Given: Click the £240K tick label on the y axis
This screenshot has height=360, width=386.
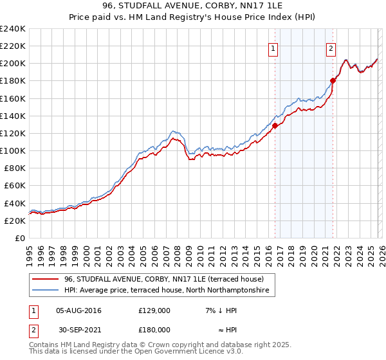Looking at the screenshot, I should [13, 29].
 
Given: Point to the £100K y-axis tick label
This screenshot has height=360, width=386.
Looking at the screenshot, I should [13, 150].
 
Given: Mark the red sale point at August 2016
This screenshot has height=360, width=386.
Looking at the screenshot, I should [275, 125].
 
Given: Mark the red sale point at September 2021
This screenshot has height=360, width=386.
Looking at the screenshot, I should [333, 80].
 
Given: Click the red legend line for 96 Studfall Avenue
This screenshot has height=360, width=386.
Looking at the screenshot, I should [46, 279].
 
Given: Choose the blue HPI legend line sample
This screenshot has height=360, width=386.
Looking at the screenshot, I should [46, 291].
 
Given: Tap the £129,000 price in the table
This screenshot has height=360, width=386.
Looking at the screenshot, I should [154, 310].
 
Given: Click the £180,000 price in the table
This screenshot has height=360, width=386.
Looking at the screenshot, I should [154, 329].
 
